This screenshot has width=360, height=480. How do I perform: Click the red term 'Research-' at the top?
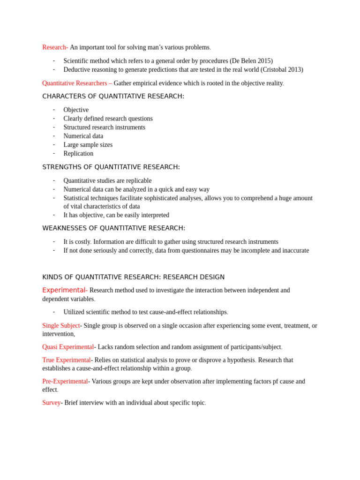pos(55,47)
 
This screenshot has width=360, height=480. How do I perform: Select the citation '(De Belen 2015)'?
pos(251,61)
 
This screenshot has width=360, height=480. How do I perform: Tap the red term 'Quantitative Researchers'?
pos(75,83)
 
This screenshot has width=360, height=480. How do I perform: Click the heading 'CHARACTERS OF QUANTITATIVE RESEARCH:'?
pos(113,96)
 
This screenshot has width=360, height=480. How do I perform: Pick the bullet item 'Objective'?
pos(76,110)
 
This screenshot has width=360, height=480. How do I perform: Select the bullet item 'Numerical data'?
pos(83,136)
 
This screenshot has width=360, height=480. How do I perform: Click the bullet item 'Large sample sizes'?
pos(88,145)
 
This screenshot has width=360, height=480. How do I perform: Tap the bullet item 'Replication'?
pos(78,153)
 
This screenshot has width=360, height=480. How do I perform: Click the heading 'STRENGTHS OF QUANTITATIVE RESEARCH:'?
pos(111,167)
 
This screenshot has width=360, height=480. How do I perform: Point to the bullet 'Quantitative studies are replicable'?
pos(107,180)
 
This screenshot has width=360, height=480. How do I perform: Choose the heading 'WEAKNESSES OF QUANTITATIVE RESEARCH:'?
pos(113,228)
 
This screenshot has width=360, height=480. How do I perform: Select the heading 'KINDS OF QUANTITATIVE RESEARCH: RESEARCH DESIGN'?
pos(133,277)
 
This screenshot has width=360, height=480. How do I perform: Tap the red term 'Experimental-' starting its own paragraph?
pos(65,290)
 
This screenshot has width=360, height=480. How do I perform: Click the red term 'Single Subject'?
pos(61,325)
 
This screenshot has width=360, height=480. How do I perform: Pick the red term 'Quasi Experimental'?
pos(68,347)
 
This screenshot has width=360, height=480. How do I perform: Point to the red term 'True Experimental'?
pos(66,360)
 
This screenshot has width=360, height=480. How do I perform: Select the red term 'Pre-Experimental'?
pos(65,382)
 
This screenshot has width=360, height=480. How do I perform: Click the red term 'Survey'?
pos(52,403)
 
